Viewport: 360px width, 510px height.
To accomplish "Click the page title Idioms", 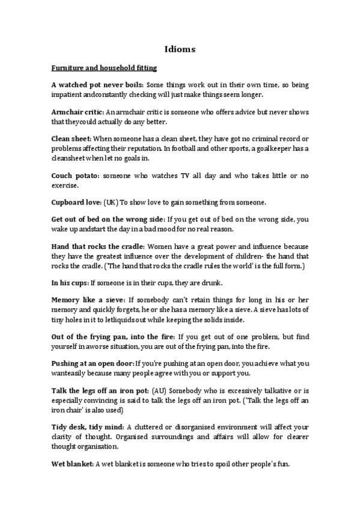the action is [180, 50].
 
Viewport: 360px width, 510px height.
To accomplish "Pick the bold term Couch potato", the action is [76, 175].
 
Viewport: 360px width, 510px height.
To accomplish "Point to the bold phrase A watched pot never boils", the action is [97, 85].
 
